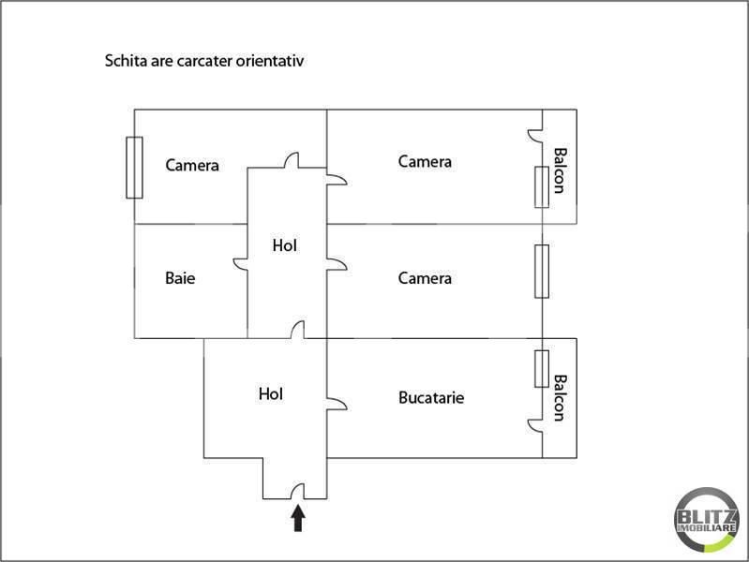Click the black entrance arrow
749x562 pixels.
tap(298, 518)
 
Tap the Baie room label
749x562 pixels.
tap(180, 278)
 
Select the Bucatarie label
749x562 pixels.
tap(431, 397)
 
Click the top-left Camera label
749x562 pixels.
tap(192, 166)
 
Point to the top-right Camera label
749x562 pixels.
tap(425, 161)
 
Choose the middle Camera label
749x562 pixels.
tap(425, 278)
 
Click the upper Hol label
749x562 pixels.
tap(285, 246)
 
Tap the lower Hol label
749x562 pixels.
tap(271, 394)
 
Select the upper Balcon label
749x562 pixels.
tap(560, 170)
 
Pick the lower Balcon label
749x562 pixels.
tap(560, 398)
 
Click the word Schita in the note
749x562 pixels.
tap(125, 62)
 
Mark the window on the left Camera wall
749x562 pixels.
tap(134, 167)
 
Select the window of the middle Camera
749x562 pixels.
tap(542, 272)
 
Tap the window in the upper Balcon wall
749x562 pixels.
tap(542, 186)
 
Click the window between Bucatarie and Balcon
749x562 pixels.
tap(542, 367)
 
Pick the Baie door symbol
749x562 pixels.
tap(241, 263)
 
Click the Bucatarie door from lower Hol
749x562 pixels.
tap(337, 404)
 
